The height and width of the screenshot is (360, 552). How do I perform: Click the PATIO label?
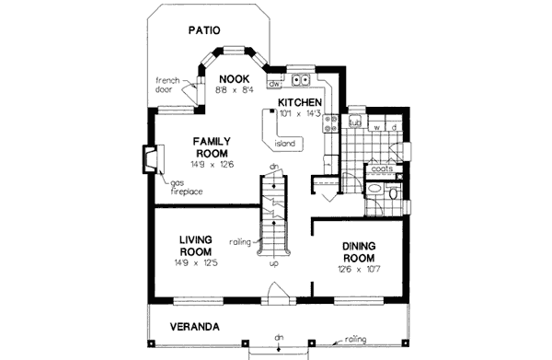205,30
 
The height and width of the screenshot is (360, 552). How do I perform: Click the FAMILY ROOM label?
211,147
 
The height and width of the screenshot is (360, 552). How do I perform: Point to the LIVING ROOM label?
197,246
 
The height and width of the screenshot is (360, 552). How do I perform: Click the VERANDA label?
193,327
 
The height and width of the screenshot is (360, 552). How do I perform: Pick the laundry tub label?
355,120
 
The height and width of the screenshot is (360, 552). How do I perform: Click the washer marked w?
376,127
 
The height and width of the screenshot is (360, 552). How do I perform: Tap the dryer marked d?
394,127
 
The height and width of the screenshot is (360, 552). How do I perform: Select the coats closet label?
382,169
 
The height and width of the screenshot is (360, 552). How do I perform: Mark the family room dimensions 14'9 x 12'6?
210,165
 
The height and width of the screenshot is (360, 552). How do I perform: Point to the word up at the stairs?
273,263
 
